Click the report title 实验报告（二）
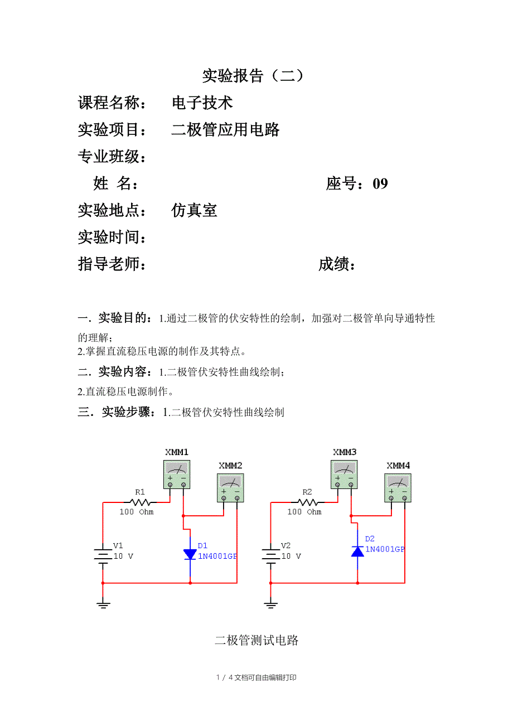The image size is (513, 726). (253, 76)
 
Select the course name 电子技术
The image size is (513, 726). (202, 103)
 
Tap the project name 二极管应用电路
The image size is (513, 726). (225, 130)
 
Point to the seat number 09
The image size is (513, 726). (380, 183)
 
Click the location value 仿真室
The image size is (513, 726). (194, 210)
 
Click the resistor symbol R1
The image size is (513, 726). (140, 502)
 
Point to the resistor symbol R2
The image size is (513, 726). (307, 502)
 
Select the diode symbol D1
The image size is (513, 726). (190, 554)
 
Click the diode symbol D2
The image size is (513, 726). (357, 551)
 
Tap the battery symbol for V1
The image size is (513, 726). (103, 555)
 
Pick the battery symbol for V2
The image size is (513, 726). (270, 555)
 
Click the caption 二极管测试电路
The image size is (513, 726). (256, 640)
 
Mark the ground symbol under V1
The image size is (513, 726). (103, 604)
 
